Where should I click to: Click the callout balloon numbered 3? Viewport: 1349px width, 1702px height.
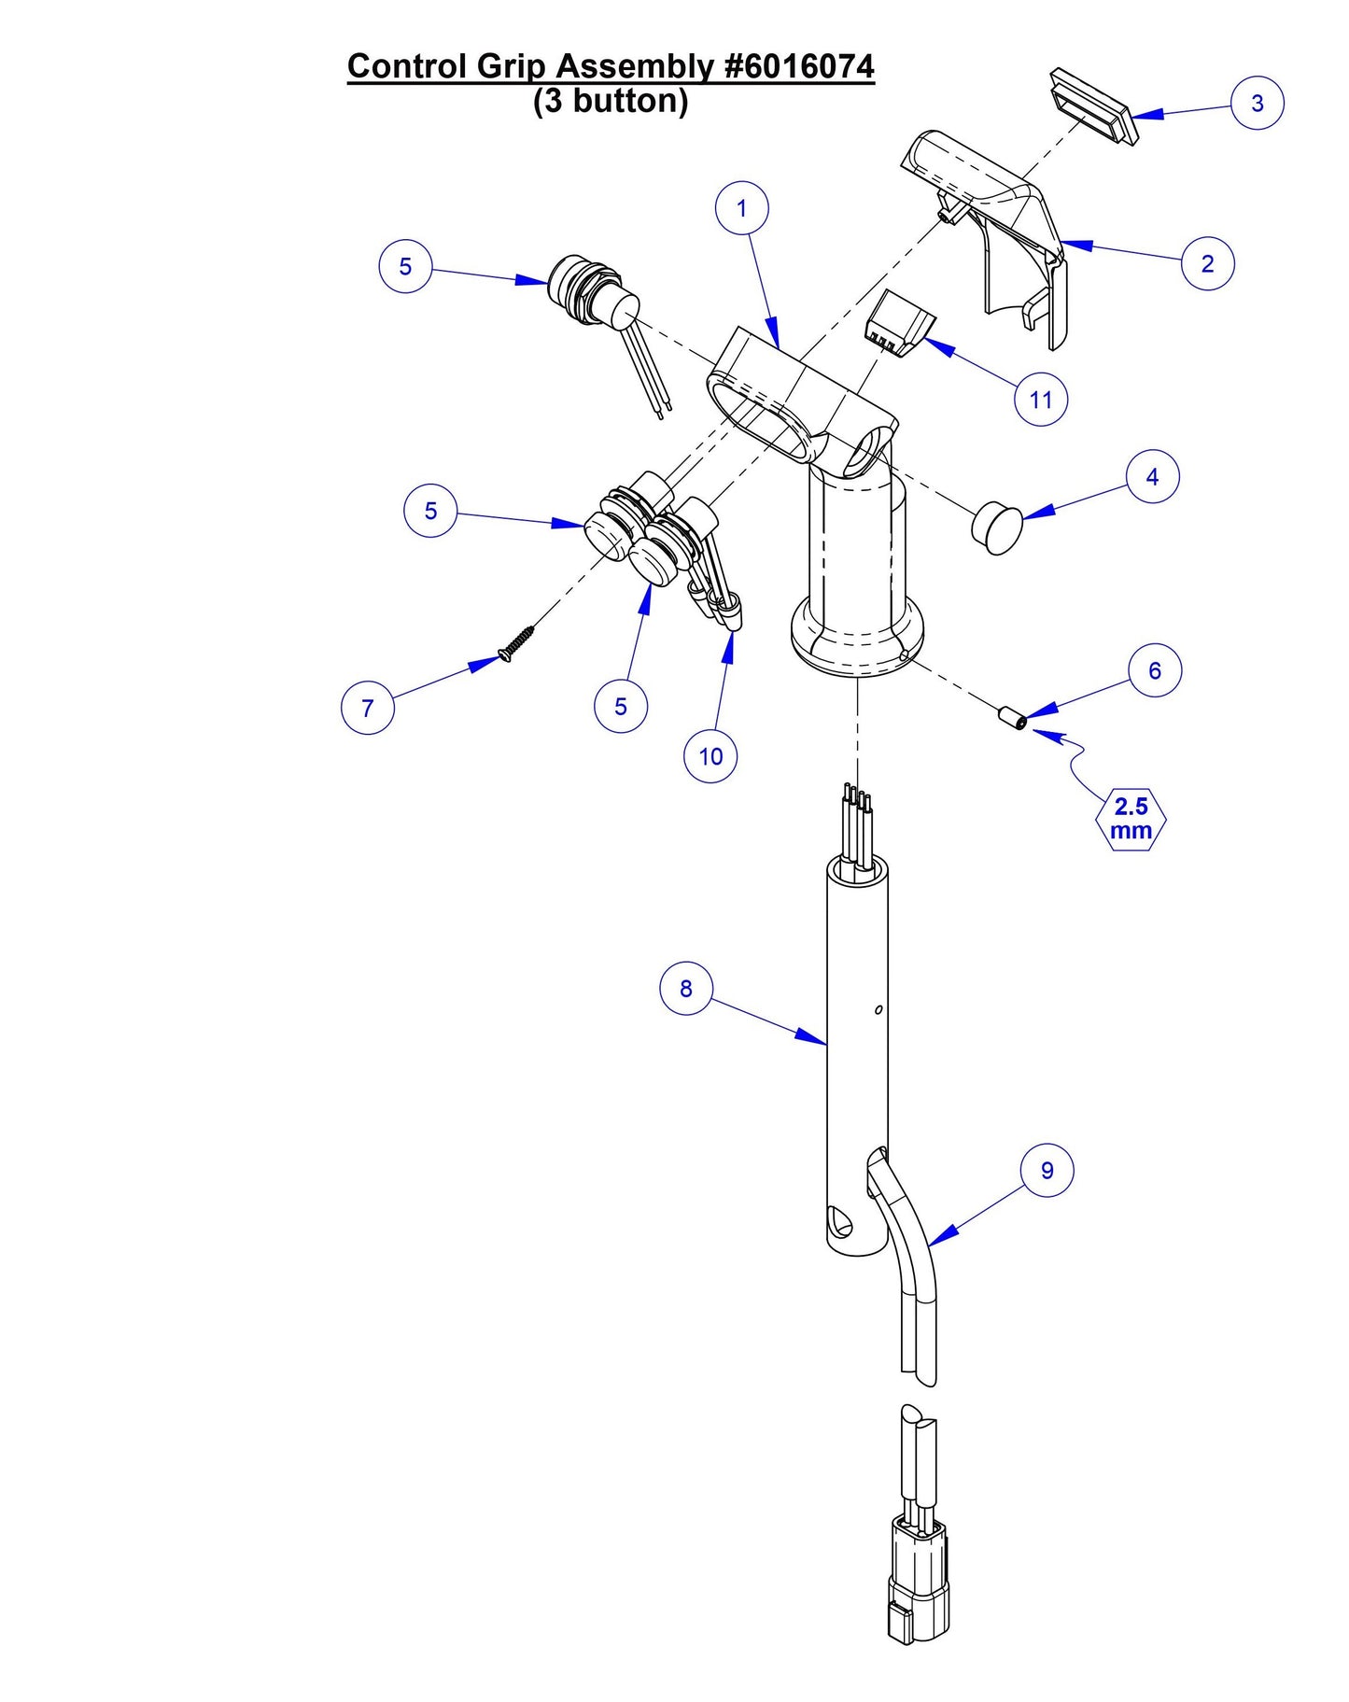pyautogui.click(x=1257, y=103)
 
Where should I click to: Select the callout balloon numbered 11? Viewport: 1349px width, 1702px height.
pyautogui.click(x=1040, y=400)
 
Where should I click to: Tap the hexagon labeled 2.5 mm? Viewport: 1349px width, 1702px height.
pyautogui.click(x=1130, y=819)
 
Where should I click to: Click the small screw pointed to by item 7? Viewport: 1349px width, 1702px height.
pyautogui.click(x=518, y=643)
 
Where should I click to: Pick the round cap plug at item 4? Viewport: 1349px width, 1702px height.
pyautogui.click(x=997, y=527)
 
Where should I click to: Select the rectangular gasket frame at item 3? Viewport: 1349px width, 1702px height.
pyautogui.click(x=1093, y=105)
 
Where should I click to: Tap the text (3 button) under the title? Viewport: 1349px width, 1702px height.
pyautogui.click(x=611, y=101)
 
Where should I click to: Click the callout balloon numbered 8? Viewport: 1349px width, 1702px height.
pyautogui.click(x=686, y=989)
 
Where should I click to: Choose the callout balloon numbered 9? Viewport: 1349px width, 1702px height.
pyautogui.click(x=1047, y=1170)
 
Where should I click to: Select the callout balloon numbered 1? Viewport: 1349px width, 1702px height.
pyautogui.click(x=742, y=208)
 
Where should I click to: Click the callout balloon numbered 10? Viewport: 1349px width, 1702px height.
pyautogui.click(x=710, y=756)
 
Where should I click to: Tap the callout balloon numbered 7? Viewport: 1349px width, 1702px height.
pyautogui.click(x=368, y=708)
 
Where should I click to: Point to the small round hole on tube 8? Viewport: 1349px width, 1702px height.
pyautogui.click(x=878, y=1009)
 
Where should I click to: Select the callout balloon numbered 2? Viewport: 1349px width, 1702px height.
pyautogui.click(x=1207, y=263)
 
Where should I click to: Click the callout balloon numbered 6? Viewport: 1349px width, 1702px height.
pyautogui.click(x=1155, y=670)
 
